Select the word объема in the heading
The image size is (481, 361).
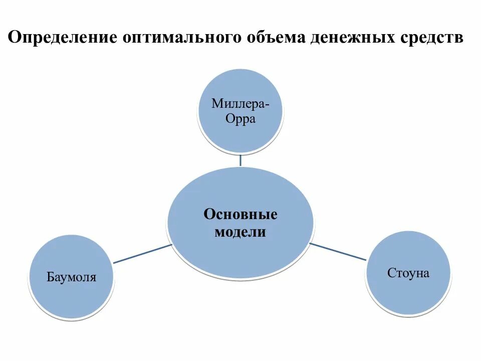(274, 39)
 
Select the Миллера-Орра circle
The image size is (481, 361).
(241, 111)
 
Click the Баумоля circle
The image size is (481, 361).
(72, 277)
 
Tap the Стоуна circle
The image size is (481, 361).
(408, 273)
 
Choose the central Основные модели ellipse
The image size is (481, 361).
(241, 224)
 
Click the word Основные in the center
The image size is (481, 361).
(241, 215)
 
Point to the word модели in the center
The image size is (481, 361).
(241, 233)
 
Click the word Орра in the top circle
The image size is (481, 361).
(241, 119)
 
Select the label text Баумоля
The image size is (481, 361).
(71, 277)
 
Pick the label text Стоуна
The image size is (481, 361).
(408, 274)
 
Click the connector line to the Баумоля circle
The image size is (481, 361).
(142, 254)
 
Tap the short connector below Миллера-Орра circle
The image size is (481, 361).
(241, 160)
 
